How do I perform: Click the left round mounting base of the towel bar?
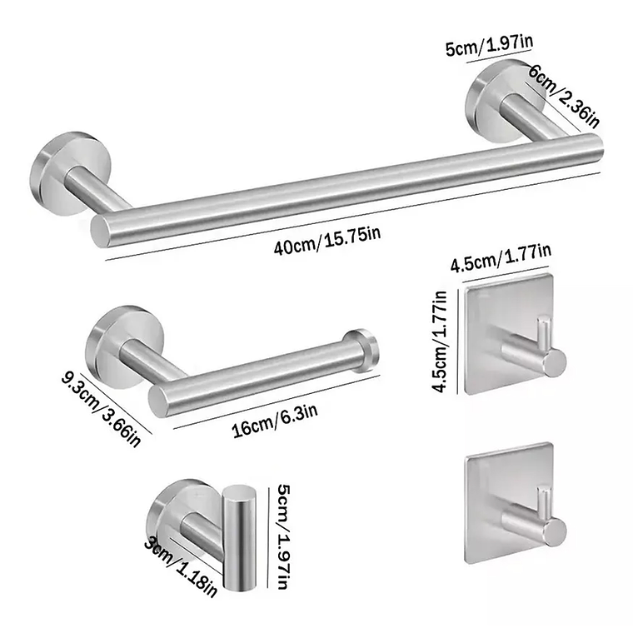(60, 162)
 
